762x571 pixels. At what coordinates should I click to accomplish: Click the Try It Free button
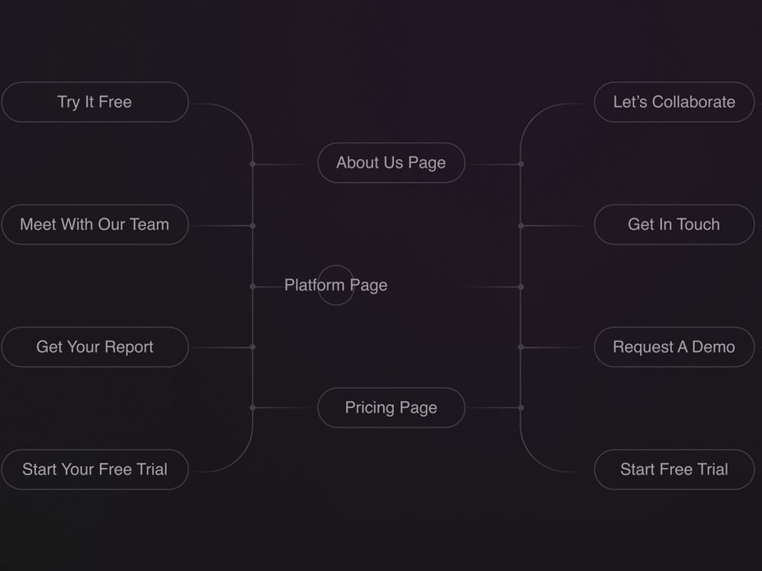[x=94, y=102]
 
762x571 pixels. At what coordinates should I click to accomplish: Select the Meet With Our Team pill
[x=94, y=225]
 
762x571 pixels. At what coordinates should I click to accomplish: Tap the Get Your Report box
[x=94, y=347]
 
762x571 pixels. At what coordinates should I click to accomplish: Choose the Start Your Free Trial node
[x=94, y=470]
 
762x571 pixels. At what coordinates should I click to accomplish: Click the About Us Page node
[x=391, y=163]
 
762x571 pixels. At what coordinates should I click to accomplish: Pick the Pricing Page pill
[x=391, y=408]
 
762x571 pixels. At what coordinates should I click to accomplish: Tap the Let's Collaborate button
[x=674, y=102]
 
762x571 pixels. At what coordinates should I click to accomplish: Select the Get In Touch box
[x=674, y=225]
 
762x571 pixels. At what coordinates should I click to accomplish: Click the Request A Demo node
[x=674, y=347]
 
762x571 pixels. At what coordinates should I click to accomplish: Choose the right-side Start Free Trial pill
[x=674, y=470]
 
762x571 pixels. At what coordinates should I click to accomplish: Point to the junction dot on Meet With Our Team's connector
[x=253, y=225]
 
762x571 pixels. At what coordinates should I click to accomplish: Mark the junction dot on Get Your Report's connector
[x=253, y=347]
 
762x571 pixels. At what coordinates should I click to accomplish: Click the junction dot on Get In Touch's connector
[x=521, y=225]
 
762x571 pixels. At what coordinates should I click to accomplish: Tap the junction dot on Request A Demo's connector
[x=521, y=347]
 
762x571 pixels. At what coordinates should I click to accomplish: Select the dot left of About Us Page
[x=253, y=164]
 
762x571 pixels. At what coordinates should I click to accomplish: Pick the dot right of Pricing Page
[x=521, y=408]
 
